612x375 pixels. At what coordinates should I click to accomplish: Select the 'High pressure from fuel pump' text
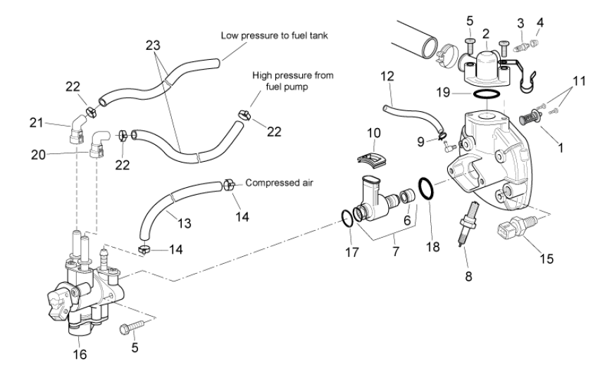tap(294, 80)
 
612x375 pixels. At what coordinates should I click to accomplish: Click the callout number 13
tap(183, 223)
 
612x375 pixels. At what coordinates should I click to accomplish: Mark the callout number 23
tap(153, 44)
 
